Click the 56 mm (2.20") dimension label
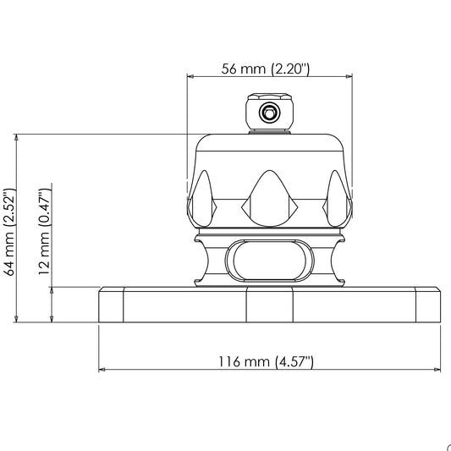coord(265,69)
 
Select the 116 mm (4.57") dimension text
coord(266,362)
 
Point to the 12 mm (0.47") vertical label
coord(45,232)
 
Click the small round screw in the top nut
coord(269,113)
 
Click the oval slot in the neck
coord(270,261)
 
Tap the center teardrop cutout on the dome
coord(269,199)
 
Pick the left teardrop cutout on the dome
coord(202,199)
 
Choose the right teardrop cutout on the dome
coord(337,199)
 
